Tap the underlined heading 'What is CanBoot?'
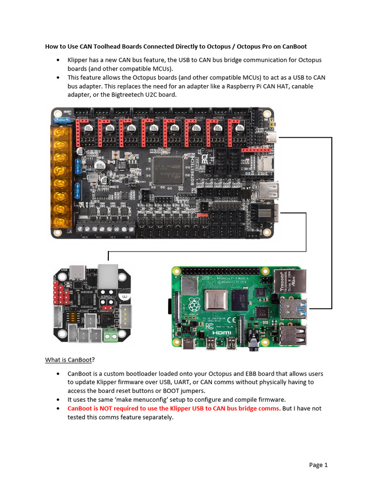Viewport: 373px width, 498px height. (x=70, y=360)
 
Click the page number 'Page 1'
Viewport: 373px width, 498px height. (x=318, y=465)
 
